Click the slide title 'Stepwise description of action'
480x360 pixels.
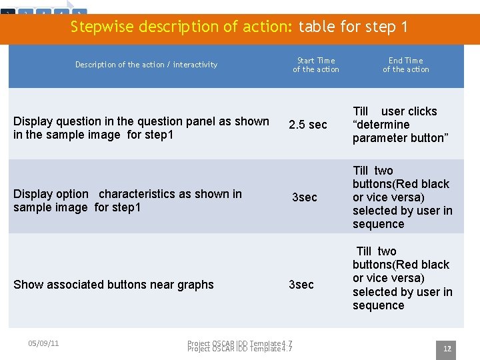[x=239, y=27]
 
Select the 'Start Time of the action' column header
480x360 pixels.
[x=315, y=65]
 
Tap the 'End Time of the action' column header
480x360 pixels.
[x=405, y=65]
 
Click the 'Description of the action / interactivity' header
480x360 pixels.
[x=146, y=65]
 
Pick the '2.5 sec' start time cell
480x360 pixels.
[x=307, y=125]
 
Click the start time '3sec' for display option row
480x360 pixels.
[x=305, y=197]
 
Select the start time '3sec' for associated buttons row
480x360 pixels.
[x=301, y=285]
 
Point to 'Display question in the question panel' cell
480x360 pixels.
[x=141, y=128]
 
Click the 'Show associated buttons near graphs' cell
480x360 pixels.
[x=113, y=285]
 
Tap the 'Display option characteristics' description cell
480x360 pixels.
[x=127, y=201]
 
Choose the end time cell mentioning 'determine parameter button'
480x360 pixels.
[x=400, y=125]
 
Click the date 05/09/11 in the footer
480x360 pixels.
[x=43, y=343]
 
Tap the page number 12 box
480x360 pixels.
[x=447, y=349]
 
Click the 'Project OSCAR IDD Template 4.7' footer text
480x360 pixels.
[x=239, y=345]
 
